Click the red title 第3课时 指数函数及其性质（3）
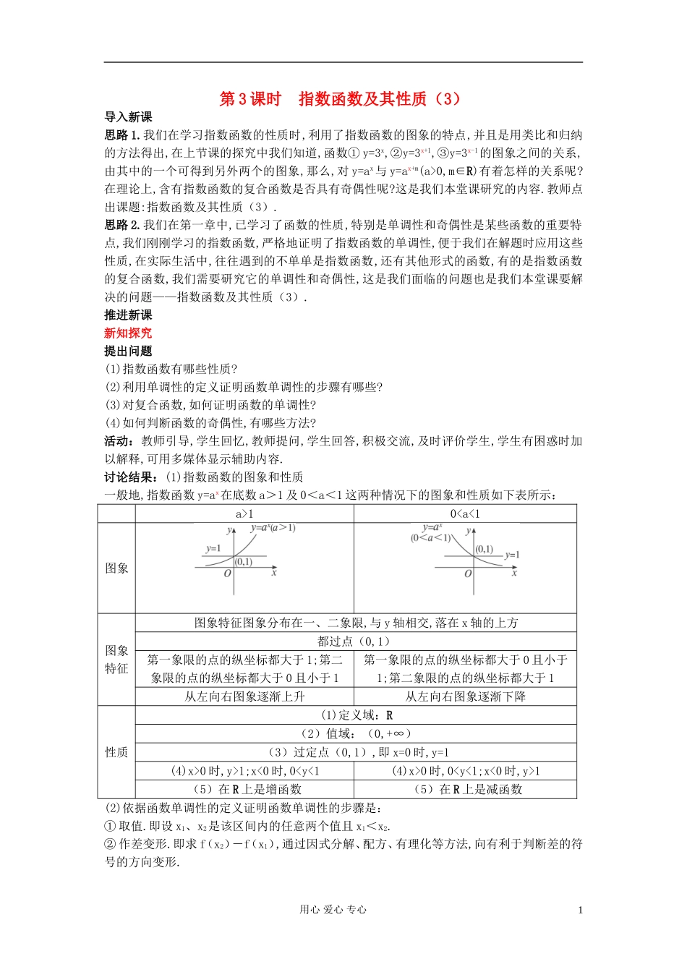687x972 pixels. coord(340,99)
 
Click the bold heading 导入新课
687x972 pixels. coord(128,117)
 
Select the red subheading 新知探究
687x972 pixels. coord(128,333)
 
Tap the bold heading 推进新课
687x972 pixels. coord(128,315)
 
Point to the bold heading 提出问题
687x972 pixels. coord(128,351)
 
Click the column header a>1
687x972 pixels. coord(244,514)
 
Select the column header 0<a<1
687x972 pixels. coord(465,514)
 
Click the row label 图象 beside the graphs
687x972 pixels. coord(116,568)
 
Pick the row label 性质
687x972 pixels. coord(116,752)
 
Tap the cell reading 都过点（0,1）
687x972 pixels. coord(355,641)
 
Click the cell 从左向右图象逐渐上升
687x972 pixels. coord(244,696)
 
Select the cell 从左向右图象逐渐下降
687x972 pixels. coord(465,696)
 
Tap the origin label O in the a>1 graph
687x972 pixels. coord(227,574)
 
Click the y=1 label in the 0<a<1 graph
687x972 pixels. coord(512,555)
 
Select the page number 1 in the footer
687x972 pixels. coord(580,911)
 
